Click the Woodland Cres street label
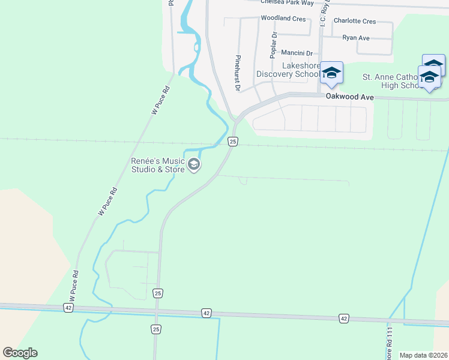(x=283, y=19)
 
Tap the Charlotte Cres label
(x=354, y=21)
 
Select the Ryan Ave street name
(x=356, y=37)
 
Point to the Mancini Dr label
(x=297, y=53)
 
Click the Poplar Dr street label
(x=274, y=45)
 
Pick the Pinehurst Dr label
(x=238, y=72)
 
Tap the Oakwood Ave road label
(x=350, y=97)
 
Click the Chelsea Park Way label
(x=287, y=3)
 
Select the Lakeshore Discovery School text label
(x=288, y=70)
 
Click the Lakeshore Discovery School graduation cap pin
(x=331, y=73)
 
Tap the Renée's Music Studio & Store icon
(x=194, y=164)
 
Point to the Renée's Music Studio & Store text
(x=158, y=165)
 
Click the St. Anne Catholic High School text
(x=393, y=81)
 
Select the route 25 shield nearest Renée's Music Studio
(x=234, y=142)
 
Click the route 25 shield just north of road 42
(x=158, y=293)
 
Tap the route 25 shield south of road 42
(x=156, y=329)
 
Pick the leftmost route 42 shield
(x=68, y=307)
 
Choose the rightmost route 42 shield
(x=343, y=318)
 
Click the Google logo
(x=20, y=353)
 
